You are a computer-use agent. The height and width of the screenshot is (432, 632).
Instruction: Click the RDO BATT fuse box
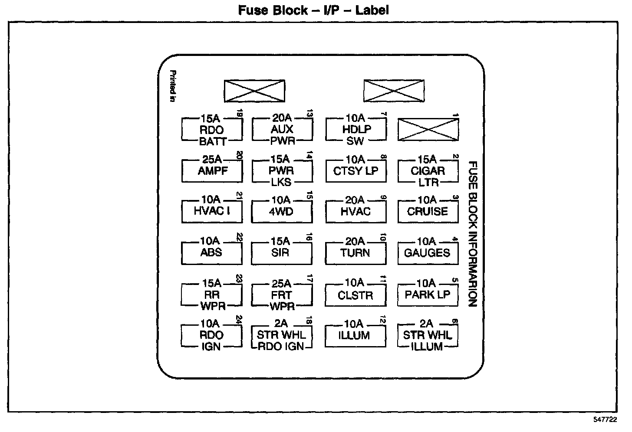click(212, 130)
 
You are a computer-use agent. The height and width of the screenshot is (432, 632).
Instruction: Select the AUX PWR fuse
click(282, 129)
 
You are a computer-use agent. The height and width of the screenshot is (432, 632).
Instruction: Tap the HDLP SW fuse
click(355, 129)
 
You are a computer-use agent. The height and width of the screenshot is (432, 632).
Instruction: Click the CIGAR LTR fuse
click(428, 171)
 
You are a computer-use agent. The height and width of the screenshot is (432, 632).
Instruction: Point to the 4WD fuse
click(282, 212)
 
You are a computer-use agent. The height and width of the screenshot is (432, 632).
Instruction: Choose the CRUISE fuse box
click(428, 212)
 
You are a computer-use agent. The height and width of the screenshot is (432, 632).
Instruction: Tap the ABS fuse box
click(211, 252)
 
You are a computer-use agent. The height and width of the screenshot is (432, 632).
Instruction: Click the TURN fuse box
click(355, 252)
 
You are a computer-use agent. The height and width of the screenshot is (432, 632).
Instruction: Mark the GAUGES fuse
click(428, 252)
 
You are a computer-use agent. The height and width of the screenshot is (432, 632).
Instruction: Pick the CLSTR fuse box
click(355, 295)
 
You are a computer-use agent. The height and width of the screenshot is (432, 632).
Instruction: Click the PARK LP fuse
click(428, 295)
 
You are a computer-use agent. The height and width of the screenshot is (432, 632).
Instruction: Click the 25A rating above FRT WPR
click(281, 284)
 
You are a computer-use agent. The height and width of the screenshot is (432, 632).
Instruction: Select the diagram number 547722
click(605, 420)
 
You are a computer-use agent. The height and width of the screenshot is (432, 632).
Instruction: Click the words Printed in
click(172, 86)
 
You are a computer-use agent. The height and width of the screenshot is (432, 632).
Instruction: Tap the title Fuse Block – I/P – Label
click(313, 10)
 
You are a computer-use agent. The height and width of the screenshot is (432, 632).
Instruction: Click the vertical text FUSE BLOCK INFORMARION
click(473, 234)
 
